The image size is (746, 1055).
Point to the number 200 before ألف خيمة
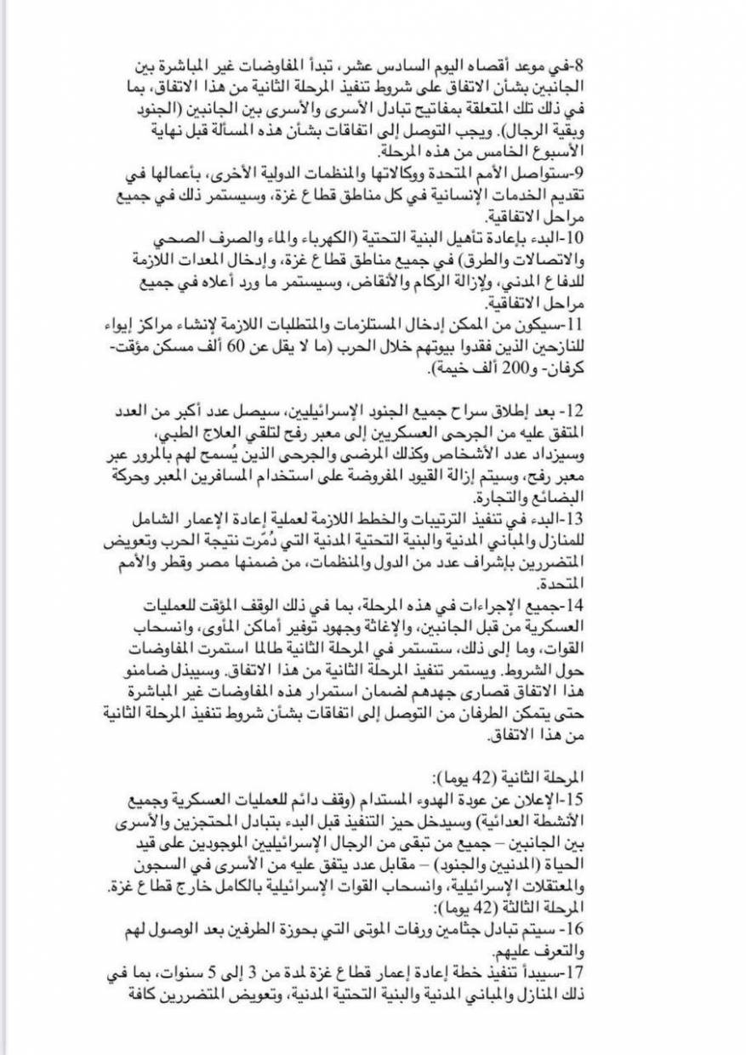pyautogui.click(x=528, y=370)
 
